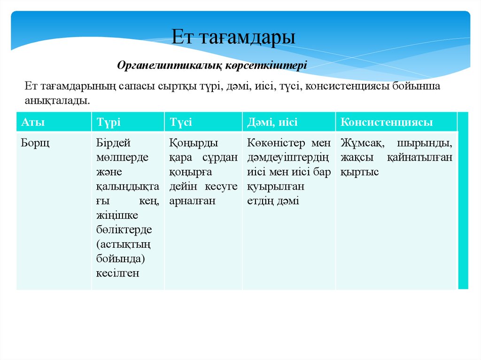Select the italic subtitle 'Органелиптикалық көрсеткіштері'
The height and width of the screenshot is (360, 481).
[x=212, y=65]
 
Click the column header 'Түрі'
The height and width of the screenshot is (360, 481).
[x=109, y=123]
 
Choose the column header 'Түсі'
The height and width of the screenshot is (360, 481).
[x=181, y=123]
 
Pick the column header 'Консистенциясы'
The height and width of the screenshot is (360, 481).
[x=387, y=123]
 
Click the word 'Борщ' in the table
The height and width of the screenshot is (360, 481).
[x=35, y=143]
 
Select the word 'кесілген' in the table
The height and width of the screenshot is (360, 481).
[x=118, y=273]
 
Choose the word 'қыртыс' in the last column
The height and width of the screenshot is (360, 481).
[x=359, y=172]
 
